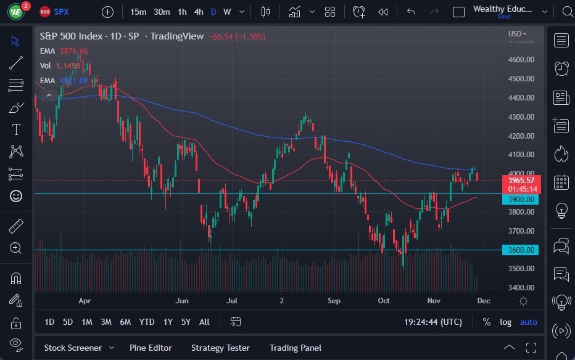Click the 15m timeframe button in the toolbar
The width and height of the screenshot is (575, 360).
[138, 12]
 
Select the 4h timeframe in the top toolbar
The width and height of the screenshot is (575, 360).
[198, 12]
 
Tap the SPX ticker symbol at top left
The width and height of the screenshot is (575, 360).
[62, 12]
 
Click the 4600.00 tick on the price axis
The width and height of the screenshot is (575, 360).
[521, 60]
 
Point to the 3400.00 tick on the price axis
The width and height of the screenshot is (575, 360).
[521, 288]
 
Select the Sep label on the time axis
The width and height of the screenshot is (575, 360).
[334, 301]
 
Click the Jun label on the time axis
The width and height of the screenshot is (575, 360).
[182, 301]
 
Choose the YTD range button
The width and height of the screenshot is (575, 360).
[147, 322]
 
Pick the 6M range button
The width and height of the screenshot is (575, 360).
[125, 322]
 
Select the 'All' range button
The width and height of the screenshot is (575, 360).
[204, 322]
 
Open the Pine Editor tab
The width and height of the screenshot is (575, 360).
[151, 348]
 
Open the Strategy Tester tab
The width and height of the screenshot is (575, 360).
[220, 348]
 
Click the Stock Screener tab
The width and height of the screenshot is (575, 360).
[72, 348]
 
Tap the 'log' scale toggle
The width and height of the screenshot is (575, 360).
[505, 322]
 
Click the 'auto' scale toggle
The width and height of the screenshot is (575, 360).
[528, 322]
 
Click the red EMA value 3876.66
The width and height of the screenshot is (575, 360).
[73, 51]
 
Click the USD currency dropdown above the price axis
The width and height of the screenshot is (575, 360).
[517, 34]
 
